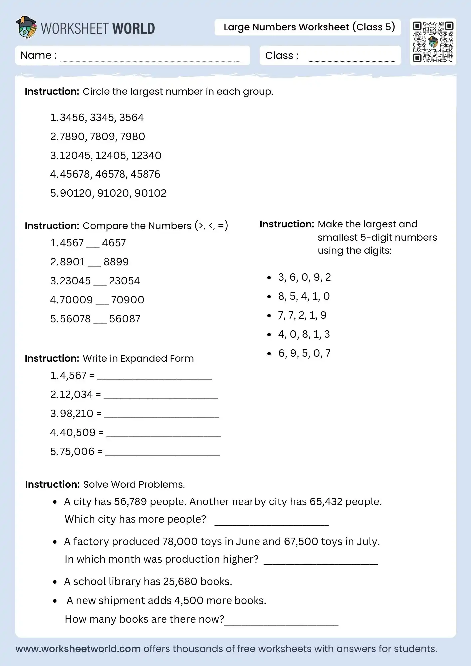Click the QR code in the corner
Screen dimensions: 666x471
[x=433, y=42]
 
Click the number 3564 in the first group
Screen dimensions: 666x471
[x=131, y=118]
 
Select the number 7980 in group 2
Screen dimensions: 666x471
[x=133, y=137]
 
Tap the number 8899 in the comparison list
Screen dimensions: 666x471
[x=116, y=262]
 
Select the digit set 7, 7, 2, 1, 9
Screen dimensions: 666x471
[x=302, y=315]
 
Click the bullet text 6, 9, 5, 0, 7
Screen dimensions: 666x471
[x=304, y=353]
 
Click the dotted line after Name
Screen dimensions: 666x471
[x=151, y=60]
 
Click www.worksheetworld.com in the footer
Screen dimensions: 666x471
[x=78, y=649]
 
